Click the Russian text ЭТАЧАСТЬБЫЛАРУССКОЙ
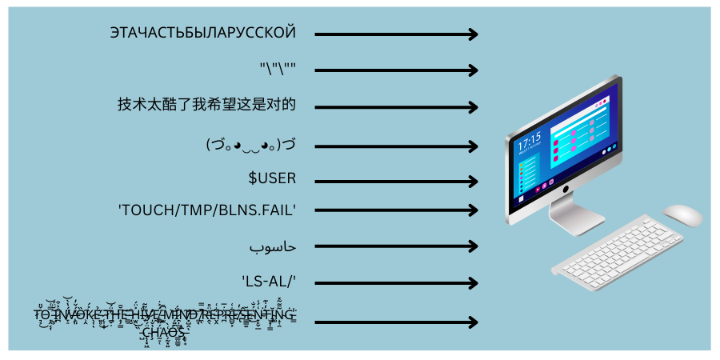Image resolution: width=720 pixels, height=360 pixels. [203, 34]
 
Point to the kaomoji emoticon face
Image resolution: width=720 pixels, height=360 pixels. [250, 145]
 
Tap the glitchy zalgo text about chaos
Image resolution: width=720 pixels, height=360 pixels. [165, 322]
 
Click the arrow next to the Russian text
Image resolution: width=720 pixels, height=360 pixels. [396, 34]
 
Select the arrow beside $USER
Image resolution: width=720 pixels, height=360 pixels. [396, 182]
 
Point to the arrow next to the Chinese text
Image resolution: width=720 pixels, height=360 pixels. [396, 107]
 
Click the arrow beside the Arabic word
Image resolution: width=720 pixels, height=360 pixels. [396, 246]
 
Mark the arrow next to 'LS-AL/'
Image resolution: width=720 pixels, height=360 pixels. [396, 282]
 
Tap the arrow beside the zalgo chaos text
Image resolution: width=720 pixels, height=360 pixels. [396, 322]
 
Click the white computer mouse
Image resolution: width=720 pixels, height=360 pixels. [682, 214]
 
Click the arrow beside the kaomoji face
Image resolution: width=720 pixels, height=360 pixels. [396, 146]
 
